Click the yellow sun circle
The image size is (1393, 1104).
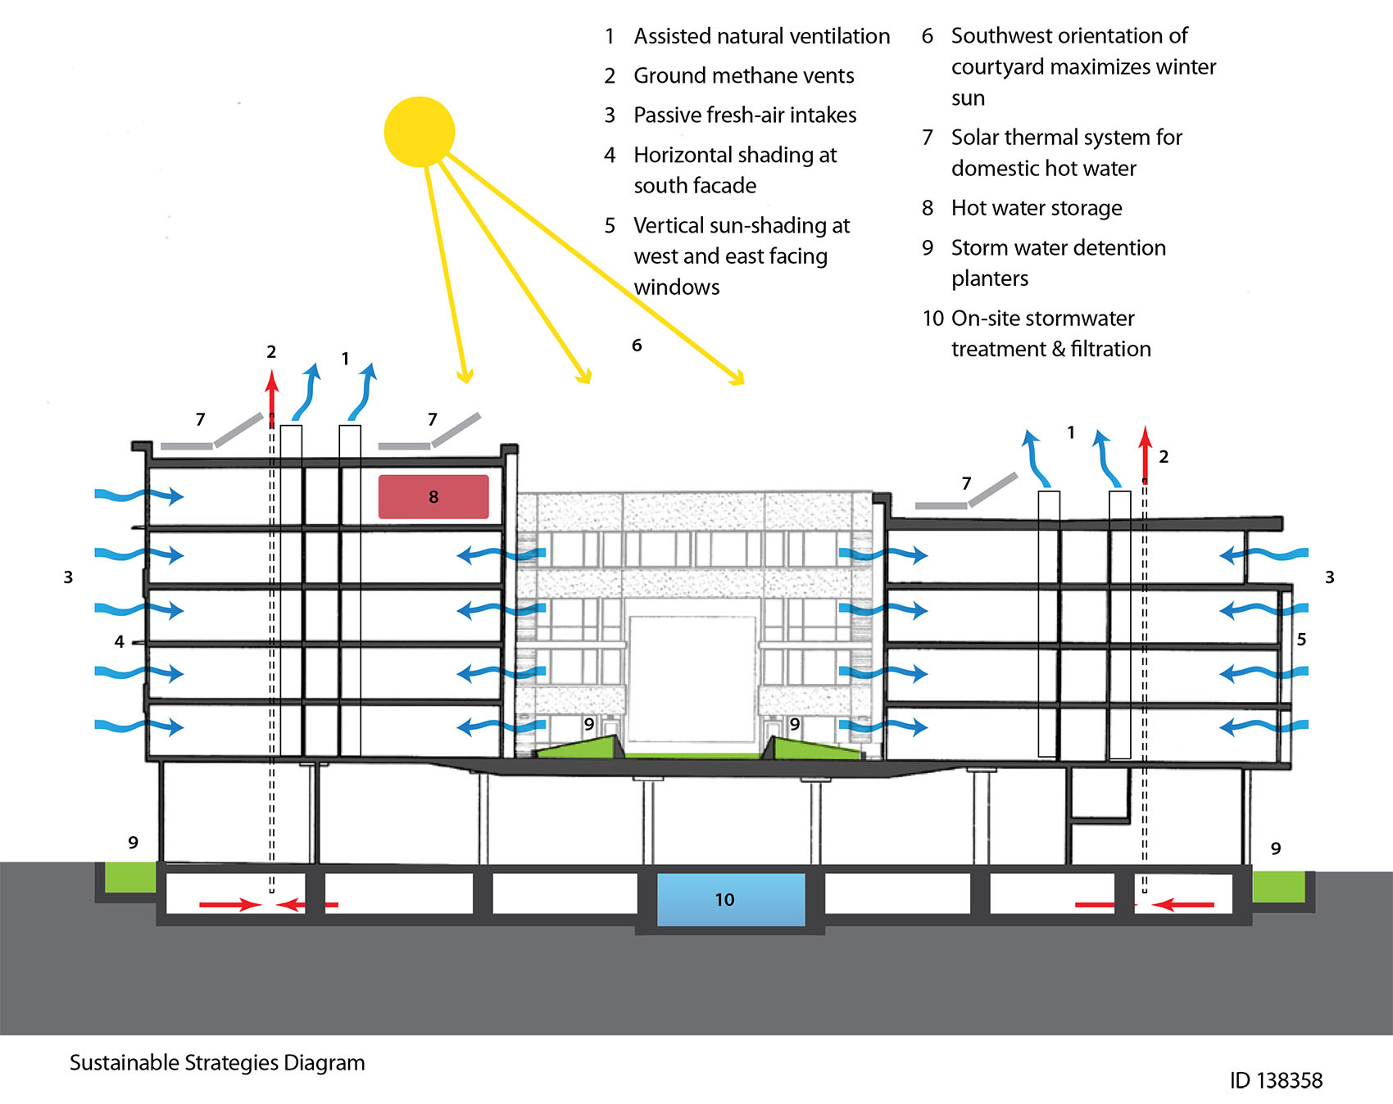419,132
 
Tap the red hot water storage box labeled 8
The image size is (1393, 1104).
433,496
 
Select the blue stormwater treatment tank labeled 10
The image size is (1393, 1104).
731,899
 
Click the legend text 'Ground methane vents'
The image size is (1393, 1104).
743,75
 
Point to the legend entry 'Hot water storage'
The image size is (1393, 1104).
1036,208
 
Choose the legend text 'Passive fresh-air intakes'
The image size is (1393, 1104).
744,115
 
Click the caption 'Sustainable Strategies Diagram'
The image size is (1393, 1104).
217,1062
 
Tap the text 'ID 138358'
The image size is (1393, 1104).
1275,1080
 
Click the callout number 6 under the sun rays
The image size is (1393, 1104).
637,346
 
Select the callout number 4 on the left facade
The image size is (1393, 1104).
120,642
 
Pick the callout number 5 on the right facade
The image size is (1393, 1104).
1301,639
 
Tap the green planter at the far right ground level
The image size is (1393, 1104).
1278,886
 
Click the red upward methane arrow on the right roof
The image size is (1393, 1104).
1145,452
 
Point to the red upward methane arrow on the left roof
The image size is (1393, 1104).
271,397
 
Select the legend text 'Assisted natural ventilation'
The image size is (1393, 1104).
761,36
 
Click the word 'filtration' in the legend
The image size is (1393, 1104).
1110,349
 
